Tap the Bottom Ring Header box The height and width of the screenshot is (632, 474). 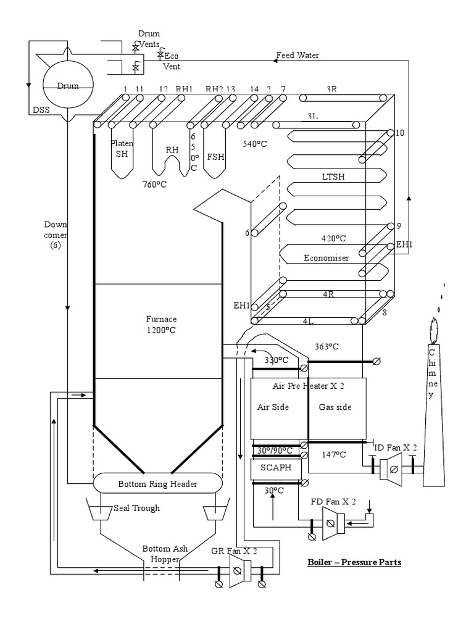point(157,484)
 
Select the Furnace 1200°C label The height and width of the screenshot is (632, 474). point(161,324)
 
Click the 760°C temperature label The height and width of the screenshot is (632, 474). point(155,183)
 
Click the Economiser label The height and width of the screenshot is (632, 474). point(326,258)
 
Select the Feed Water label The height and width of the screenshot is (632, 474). point(297,56)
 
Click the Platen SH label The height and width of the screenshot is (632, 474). point(122,149)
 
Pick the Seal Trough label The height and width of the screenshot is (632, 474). point(136,508)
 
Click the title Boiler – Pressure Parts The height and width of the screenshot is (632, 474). point(354,562)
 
